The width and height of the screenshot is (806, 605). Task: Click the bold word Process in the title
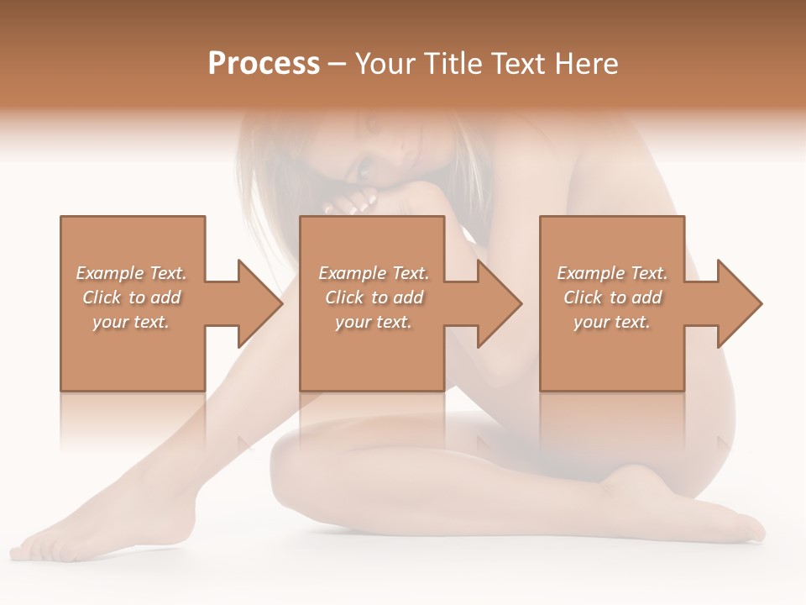pos(264,64)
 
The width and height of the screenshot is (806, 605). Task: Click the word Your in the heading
pos(385,64)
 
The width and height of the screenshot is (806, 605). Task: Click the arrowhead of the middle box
pos(498,303)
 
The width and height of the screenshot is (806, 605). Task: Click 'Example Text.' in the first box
pos(131,273)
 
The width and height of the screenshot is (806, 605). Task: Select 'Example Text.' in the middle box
pos(374,273)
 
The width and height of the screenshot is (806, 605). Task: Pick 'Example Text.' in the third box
pos(612,273)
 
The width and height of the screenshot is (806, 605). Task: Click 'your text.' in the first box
pos(131,322)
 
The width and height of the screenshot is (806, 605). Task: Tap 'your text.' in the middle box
pos(374,322)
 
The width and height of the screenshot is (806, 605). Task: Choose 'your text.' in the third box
pos(612,322)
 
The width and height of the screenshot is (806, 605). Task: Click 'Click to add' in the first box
pos(131,297)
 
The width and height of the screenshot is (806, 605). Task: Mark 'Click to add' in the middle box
pos(374,297)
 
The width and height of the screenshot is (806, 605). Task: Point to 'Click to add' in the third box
pos(612,297)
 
